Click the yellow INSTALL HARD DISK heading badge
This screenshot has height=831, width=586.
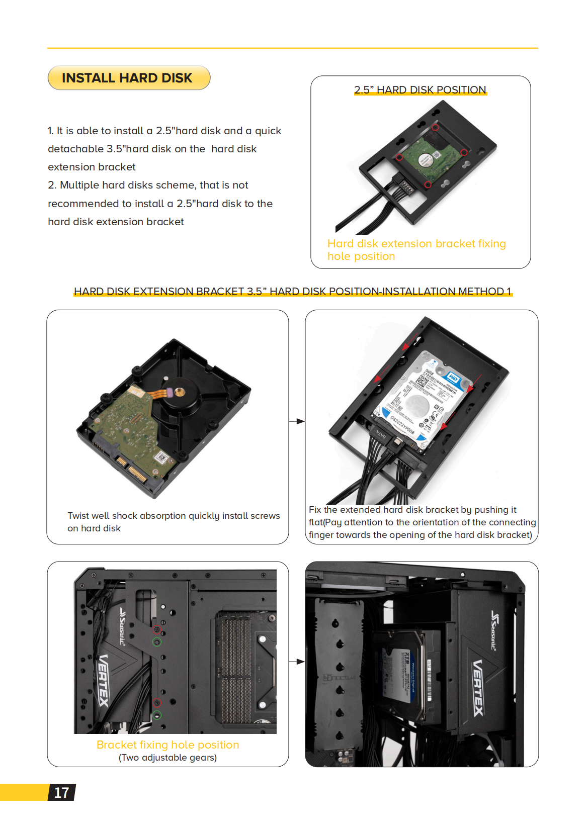pos(128,78)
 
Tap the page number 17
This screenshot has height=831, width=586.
pos(61,793)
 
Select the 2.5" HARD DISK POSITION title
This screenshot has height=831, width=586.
pos(420,90)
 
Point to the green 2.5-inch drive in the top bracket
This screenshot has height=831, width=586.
pos(428,156)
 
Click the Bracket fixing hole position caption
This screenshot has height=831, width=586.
pos(168,745)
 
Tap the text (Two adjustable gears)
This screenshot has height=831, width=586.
pos(168,758)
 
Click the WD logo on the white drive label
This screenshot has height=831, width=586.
pos(453,377)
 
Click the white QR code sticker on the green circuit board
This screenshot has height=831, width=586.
pos(161,457)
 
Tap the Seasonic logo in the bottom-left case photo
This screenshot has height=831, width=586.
pos(122,626)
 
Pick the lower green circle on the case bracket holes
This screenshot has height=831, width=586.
pos(157,715)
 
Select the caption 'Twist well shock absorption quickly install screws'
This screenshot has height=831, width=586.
pos(174,516)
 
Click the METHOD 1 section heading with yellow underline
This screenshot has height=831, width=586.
pos(293,292)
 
